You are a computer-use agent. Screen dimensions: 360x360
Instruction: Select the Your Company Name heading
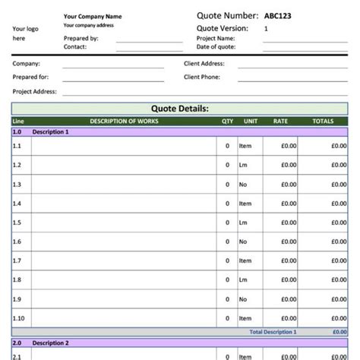pos(92,16)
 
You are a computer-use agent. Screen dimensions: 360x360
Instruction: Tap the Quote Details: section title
pos(180,109)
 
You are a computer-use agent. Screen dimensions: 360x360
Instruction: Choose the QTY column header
pos(227,121)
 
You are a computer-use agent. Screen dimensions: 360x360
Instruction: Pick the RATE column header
pos(280,121)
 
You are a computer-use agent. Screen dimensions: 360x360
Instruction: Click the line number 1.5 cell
pos(17,223)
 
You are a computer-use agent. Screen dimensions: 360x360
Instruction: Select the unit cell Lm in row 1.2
pos(243,165)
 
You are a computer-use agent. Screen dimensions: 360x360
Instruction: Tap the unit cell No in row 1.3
pos(243,185)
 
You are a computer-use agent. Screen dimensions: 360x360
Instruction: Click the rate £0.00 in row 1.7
pos(286,261)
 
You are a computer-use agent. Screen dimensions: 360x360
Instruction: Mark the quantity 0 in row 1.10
pos(227,319)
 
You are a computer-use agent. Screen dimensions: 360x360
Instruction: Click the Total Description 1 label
pos(273,332)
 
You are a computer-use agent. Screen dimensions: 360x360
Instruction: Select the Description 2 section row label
pos(51,343)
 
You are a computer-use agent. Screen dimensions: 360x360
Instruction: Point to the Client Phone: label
pos(202,77)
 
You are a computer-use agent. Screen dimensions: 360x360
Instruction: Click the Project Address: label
pos(35,91)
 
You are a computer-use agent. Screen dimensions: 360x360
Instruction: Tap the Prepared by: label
pos(81,38)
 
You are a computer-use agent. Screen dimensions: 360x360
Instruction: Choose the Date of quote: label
pos(216,47)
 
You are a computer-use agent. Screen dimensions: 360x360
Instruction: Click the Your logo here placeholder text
pos(21,33)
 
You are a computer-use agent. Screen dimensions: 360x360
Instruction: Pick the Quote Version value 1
pos(266,28)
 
